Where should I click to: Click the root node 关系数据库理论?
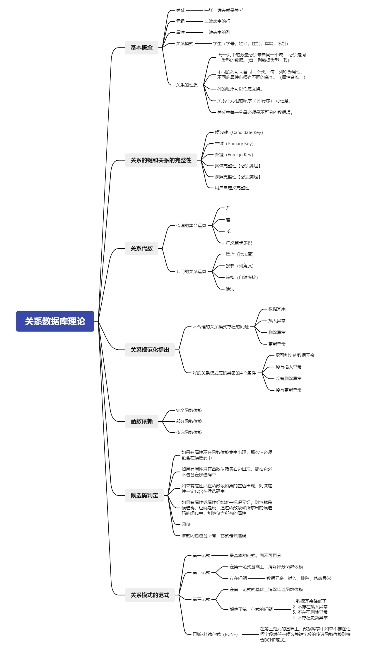(x=55, y=321)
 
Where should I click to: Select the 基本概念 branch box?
(x=141, y=47)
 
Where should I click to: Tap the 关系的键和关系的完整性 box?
(x=161, y=160)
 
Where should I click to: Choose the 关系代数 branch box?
(x=141, y=249)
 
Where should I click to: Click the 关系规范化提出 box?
(x=150, y=350)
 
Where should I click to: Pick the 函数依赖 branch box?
(x=141, y=421)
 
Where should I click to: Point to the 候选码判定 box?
(x=144, y=496)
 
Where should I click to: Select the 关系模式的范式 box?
(x=150, y=595)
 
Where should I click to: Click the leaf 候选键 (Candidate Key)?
(x=239, y=132)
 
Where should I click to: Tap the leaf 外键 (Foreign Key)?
(x=234, y=155)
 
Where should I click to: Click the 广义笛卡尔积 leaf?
(x=239, y=243)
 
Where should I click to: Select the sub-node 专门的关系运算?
(x=191, y=272)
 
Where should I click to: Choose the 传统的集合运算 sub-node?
(x=191, y=226)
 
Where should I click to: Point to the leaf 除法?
(x=230, y=289)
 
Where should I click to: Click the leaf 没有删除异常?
(x=288, y=379)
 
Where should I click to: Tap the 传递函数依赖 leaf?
(x=189, y=433)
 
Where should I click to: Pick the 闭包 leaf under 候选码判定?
(x=186, y=525)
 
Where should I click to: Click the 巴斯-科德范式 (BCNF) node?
(x=215, y=634)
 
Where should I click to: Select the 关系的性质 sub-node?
(x=187, y=85)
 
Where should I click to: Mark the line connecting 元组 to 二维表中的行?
(x=194, y=21)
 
